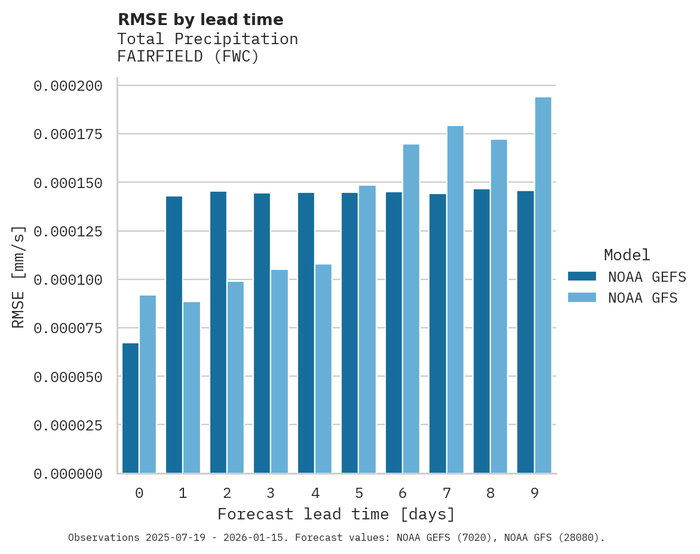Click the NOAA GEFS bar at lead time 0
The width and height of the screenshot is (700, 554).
coord(130,408)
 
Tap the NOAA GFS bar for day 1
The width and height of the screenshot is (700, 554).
coord(192,387)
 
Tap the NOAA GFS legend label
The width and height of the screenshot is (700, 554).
coord(643,298)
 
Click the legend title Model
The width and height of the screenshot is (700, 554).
coord(627,255)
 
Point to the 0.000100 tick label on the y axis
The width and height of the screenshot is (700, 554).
coord(68,279)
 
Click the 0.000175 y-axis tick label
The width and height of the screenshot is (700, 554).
coord(68,134)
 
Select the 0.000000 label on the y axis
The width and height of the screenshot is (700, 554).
coord(68,474)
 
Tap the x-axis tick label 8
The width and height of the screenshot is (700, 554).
coord(490,493)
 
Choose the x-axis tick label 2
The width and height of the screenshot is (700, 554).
coord(227,493)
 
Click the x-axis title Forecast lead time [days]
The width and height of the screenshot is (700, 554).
coord(336,514)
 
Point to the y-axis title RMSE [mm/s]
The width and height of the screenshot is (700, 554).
coord(19,277)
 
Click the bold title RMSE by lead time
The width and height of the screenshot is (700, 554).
coord(200,20)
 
